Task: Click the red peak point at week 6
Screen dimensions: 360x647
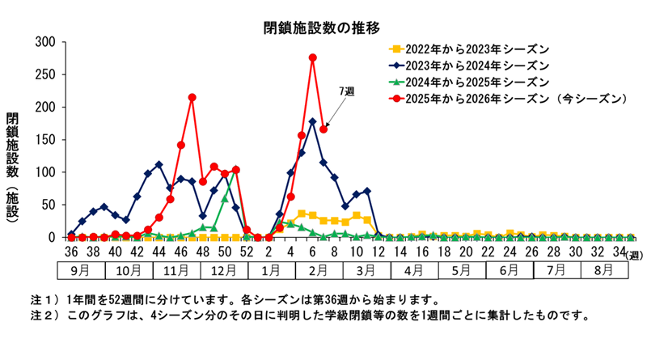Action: coord(313,58)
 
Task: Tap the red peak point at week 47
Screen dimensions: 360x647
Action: coord(192,98)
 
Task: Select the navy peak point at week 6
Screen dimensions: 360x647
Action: coord(313,122)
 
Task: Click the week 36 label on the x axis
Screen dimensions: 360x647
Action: coord(71,252)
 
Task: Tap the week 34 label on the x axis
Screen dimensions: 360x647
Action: coord(619,252)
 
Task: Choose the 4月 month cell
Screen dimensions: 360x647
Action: coord(413,270)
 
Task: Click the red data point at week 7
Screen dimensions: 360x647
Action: coord(323,129)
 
